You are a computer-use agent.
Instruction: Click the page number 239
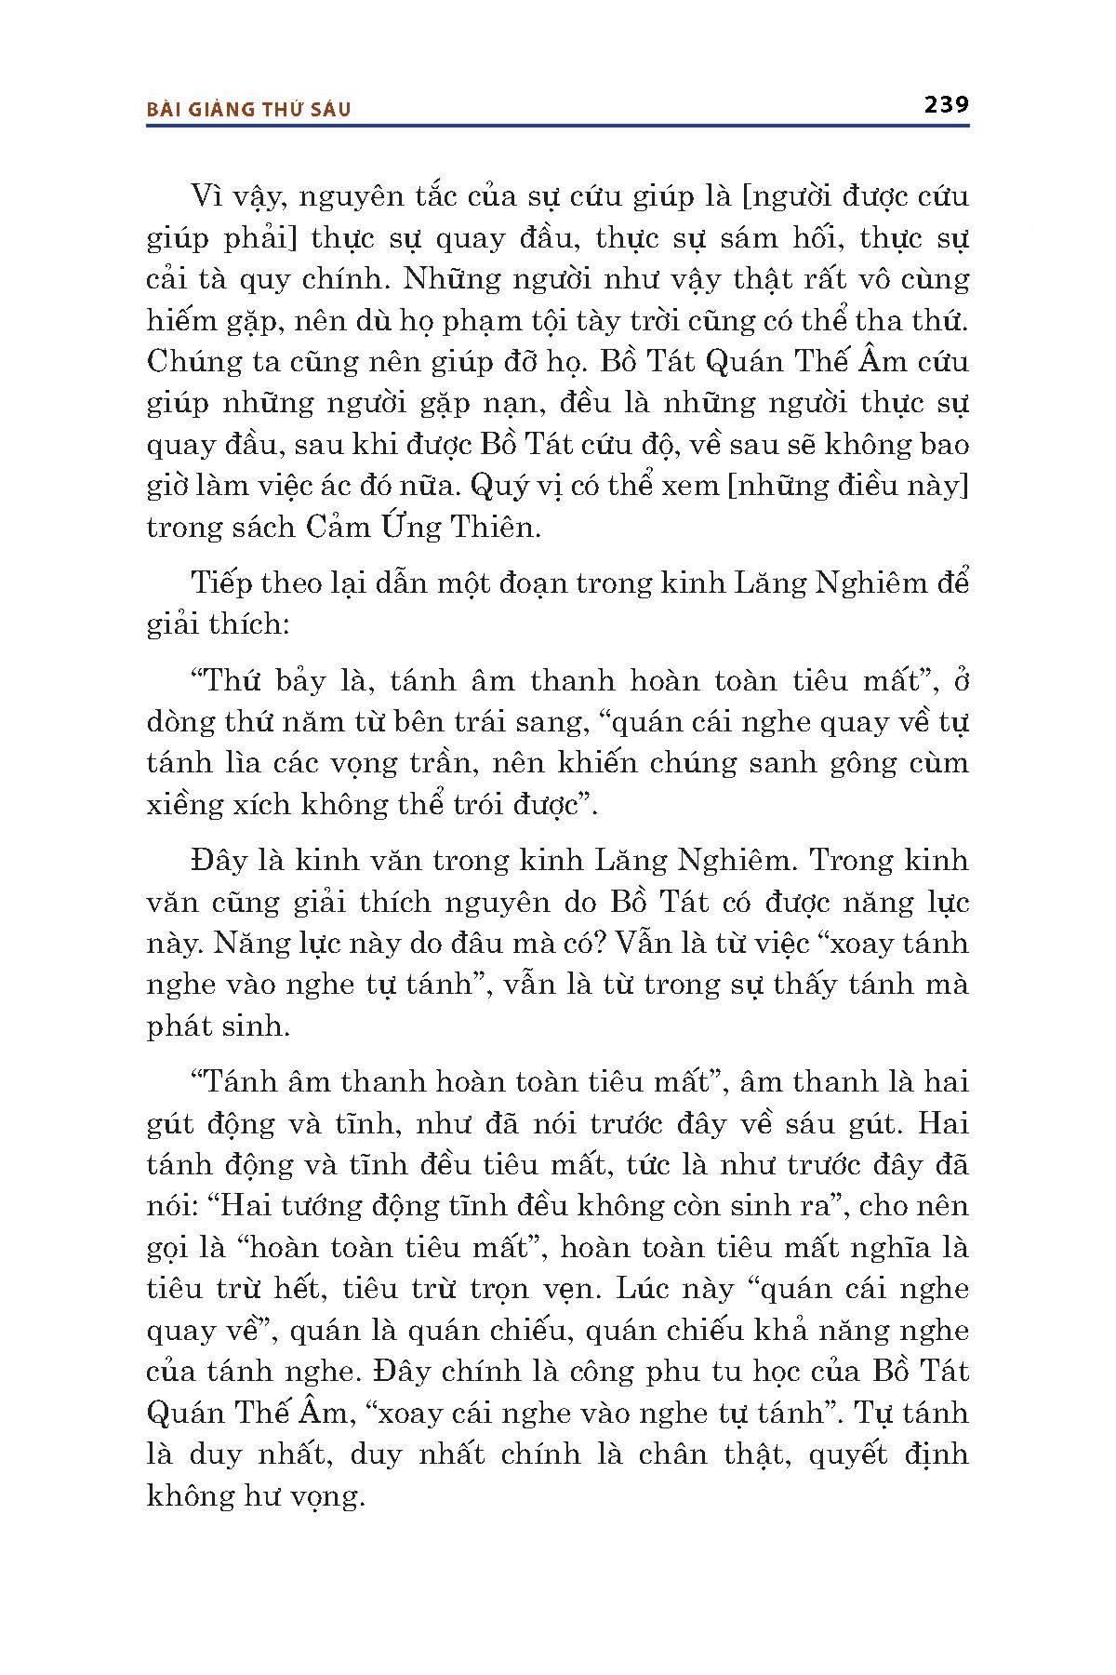pos(946,104)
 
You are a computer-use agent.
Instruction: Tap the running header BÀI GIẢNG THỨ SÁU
pos(249,109)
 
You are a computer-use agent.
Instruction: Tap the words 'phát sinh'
pos(219,1025)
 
